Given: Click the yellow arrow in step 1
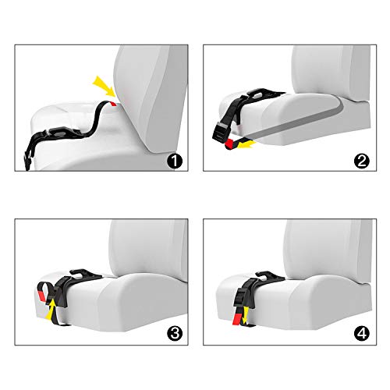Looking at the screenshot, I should coord(101,83).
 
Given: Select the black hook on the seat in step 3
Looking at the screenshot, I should coord(82,274).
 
